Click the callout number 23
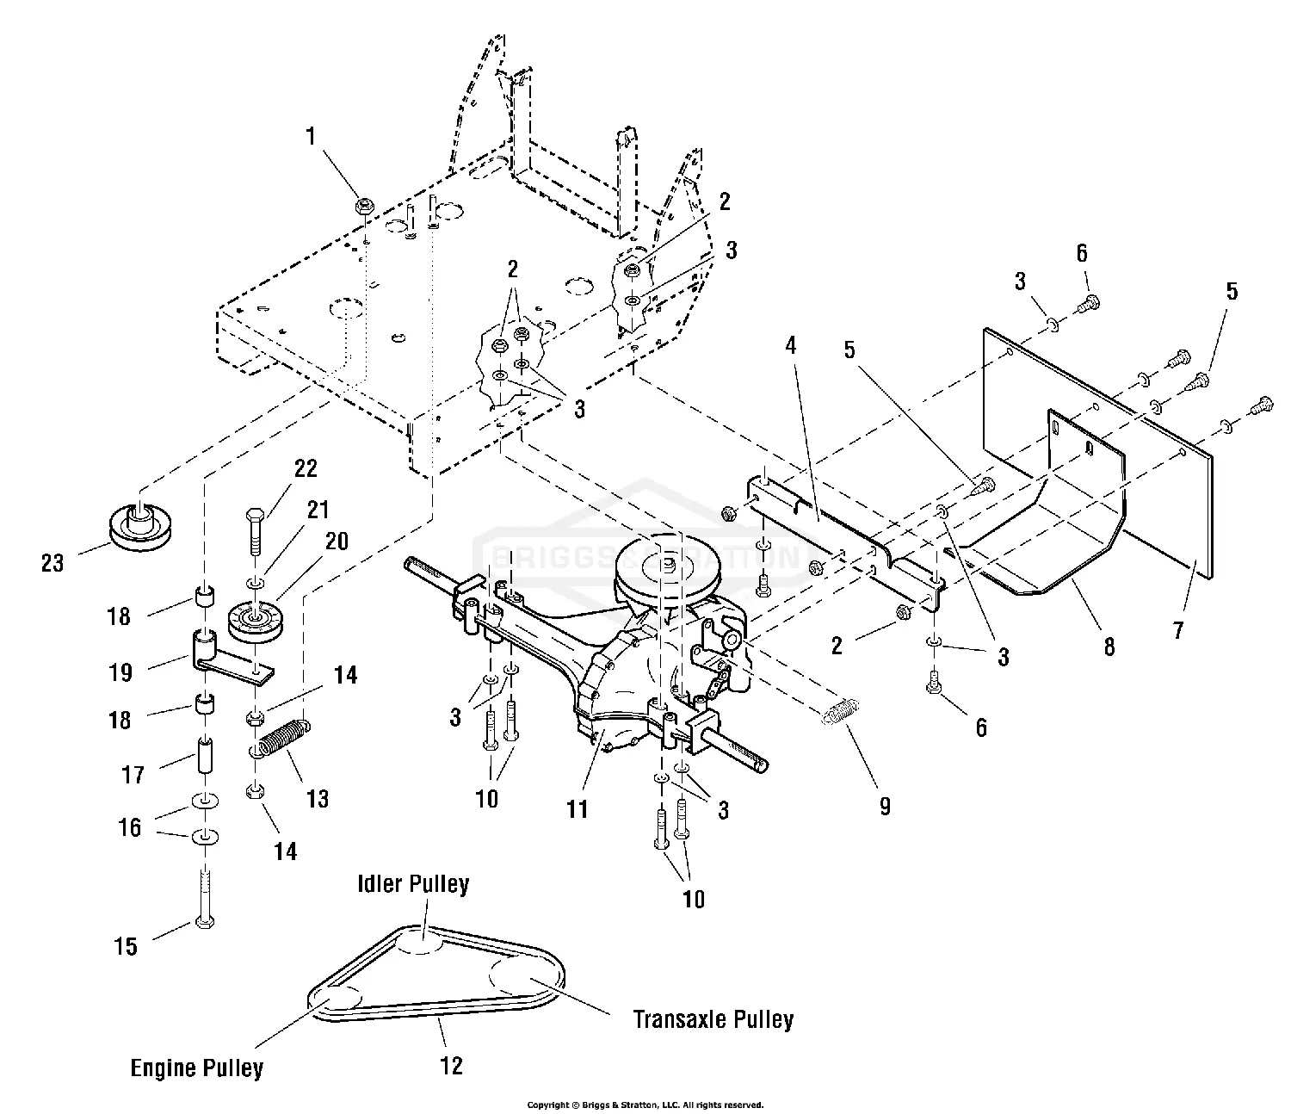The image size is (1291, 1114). [53, 563]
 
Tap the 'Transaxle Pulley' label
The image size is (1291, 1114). [713, 1020]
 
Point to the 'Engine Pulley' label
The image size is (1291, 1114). [196, 1068]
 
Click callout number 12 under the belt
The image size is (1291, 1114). [451, 1066]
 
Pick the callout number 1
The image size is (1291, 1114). [311, 136]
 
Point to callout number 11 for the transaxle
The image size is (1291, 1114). [577, 808]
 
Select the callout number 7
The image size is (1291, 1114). [1177, 630]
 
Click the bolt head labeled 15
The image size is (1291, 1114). [204, 923]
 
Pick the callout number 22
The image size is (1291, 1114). [306, 468]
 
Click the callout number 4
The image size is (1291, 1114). [790, 346]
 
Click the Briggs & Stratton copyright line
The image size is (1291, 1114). [645, 1105]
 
